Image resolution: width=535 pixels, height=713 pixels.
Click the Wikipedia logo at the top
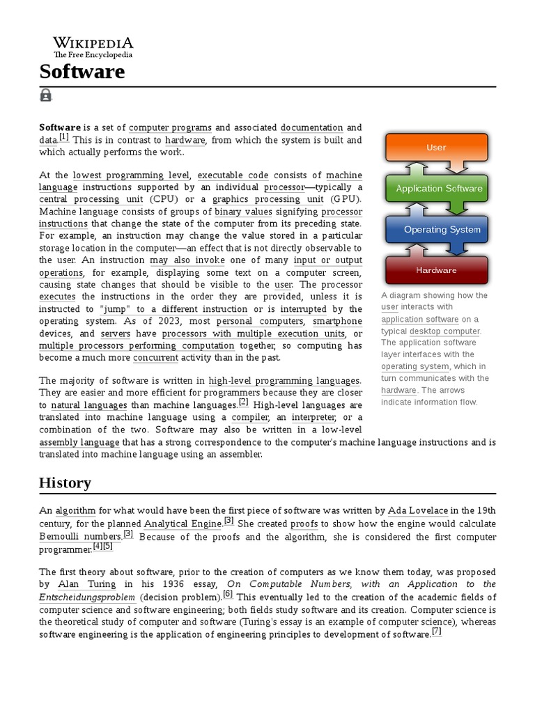pyautogui.click(x=93, y=47)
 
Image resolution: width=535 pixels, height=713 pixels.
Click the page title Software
pyautogui.click(x=82, y=71)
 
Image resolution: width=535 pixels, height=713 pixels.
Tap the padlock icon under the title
pyautogui.click(x=46, y=95)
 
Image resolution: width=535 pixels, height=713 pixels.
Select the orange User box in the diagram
pyautogui.click(x=436, y=148)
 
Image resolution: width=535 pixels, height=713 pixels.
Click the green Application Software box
pyautogui.click(x=439, y=189)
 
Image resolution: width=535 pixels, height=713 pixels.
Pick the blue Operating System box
pyautogui.click(x=442, y=230)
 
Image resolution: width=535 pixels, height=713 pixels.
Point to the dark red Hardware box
pyautogui.click(x=436, y=270)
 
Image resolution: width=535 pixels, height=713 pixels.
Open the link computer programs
pyautogui.click(x=171, y=128)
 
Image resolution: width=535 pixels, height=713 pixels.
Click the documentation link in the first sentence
pyautogui.click(x=311, y=128)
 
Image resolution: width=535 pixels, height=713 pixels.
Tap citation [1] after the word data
pyautogui.click(x=64, y=137)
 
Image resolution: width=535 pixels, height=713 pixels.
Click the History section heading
pyautogui.click(x=65, y=483)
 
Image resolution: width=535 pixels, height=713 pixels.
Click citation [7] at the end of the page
pyautogui.click(x=437, y=632)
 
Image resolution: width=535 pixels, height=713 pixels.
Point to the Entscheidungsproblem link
pyautogui.click(x=87, y=597)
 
